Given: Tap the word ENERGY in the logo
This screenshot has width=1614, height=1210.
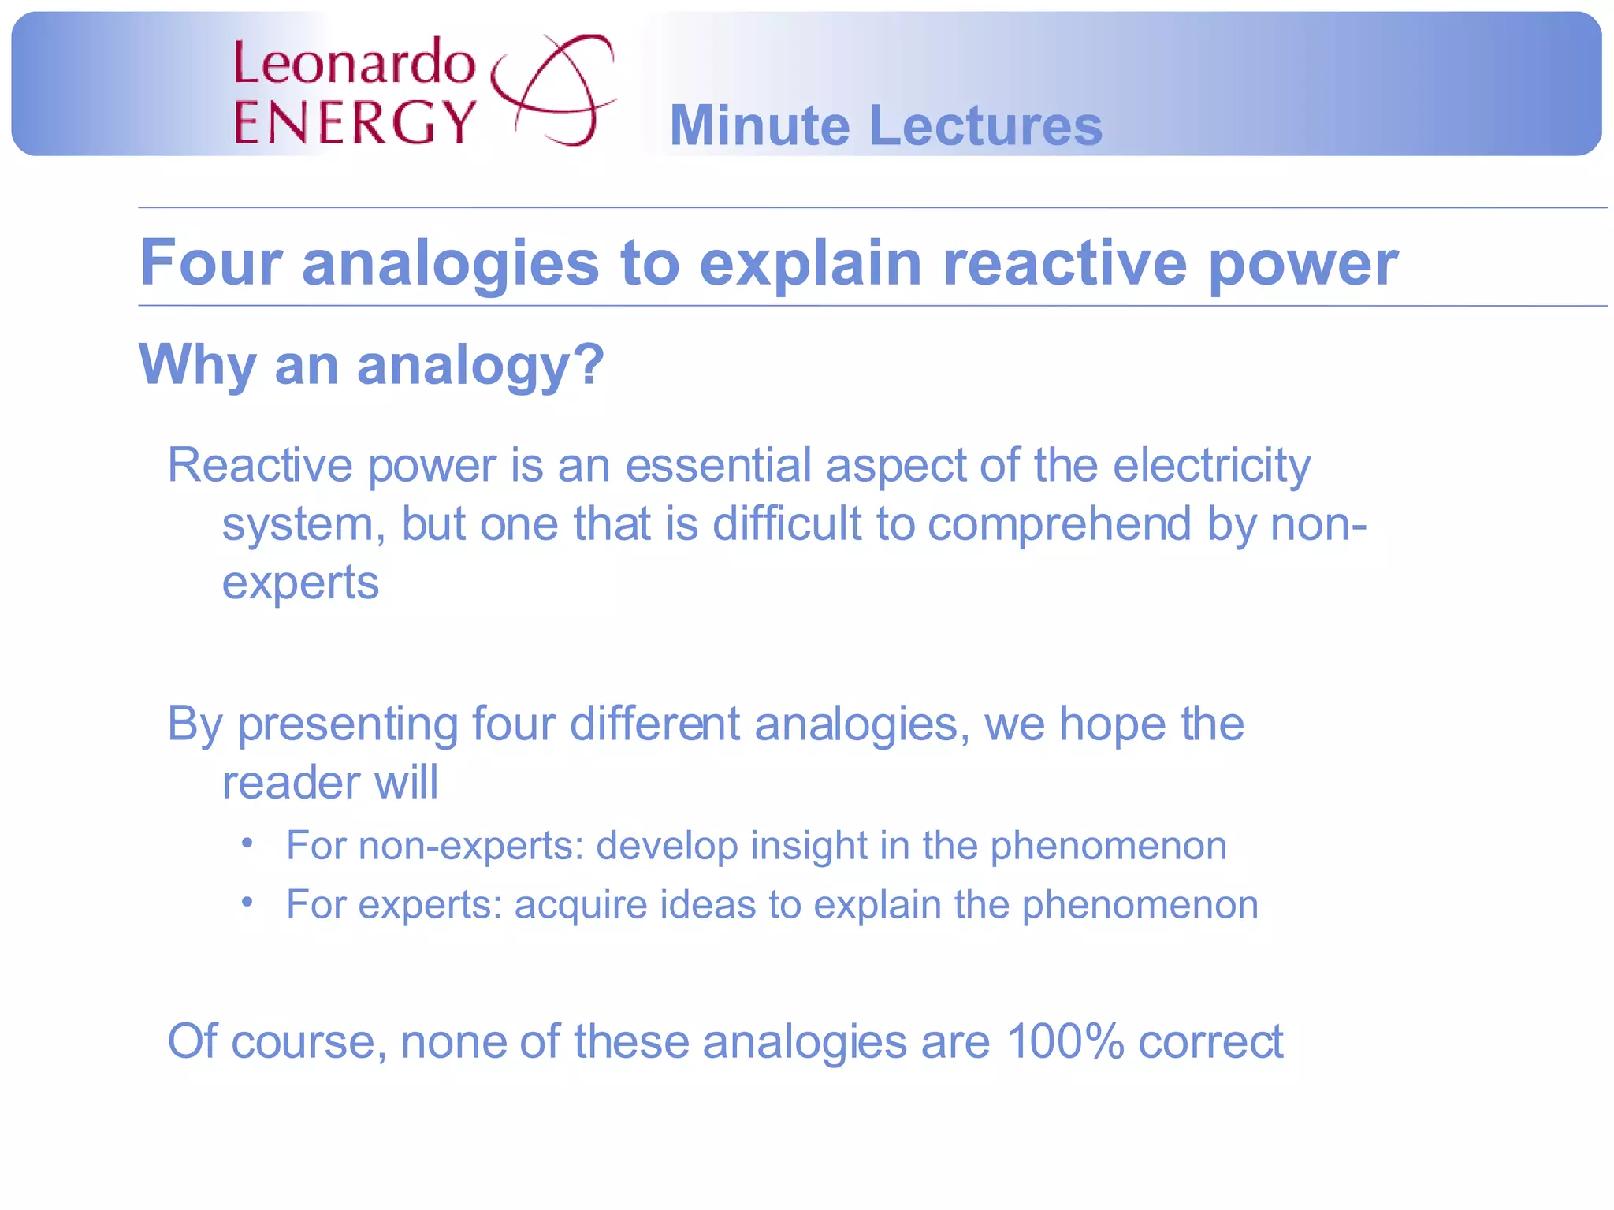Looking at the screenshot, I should [x=355, y=122].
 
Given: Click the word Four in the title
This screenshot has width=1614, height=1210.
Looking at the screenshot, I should [x=210, y=263].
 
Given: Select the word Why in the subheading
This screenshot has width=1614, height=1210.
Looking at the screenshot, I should [x=197, y=366].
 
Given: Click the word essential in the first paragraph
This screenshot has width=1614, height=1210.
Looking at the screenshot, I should [x=718, y=465].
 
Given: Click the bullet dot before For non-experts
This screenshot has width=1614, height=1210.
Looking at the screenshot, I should [x=247, y=843].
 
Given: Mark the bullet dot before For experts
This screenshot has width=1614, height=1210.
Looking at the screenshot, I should [x=247, y=901].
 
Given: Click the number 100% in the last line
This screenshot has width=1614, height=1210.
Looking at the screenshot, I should [x=1064, y=1041].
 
